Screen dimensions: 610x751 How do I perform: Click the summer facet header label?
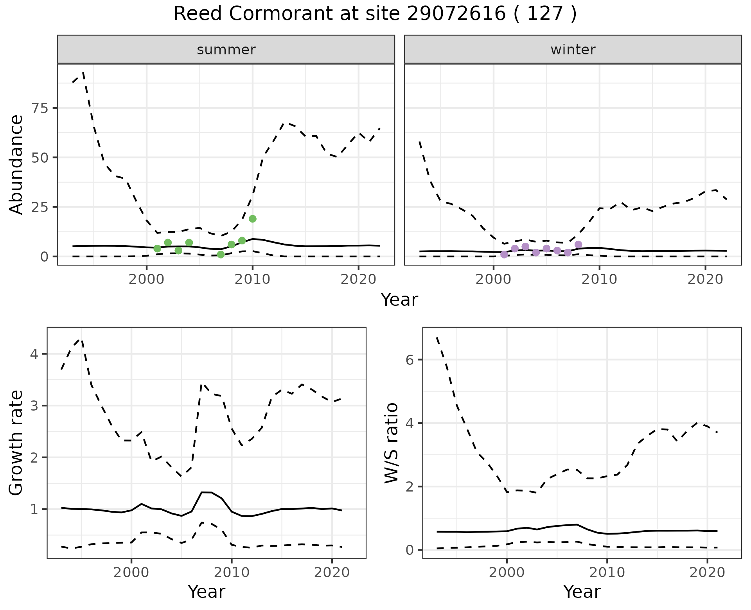pyautogui.click(x=226, y=50)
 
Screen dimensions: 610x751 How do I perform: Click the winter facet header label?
pyautogui.click(x=573, y=50)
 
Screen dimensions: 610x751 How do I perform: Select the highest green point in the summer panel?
pyautogui.click(x=253, y=219)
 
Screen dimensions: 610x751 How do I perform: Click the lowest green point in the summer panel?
pyautogui.click(x=221, y=255)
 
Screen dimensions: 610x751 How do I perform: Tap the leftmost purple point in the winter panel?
pyautogui.click(x=504, y=255)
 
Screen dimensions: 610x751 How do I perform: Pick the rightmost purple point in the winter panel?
pyautogui.click(x=578, y=244)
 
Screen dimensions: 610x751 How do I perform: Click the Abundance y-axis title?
pyautogui.click(x=16, y=164)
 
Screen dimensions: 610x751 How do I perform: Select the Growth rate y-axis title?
pyautogui.click(x=16, y=443)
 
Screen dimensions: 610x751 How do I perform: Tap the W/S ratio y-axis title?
pyautogui.click(x=392, y=443)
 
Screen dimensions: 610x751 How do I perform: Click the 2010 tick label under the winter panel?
pyautogui.click(x=599, y=279)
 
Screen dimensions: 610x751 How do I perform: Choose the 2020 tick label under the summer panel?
pyautogui.click(x=358, y=279)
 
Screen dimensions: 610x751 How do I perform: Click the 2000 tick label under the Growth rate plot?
pyautogui.click(x=131, y=573)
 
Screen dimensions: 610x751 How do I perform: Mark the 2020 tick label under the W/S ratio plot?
pyautogui.click(x=707, y=573)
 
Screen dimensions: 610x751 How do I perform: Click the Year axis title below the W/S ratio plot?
pyautogui.click(x=582, y=592)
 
